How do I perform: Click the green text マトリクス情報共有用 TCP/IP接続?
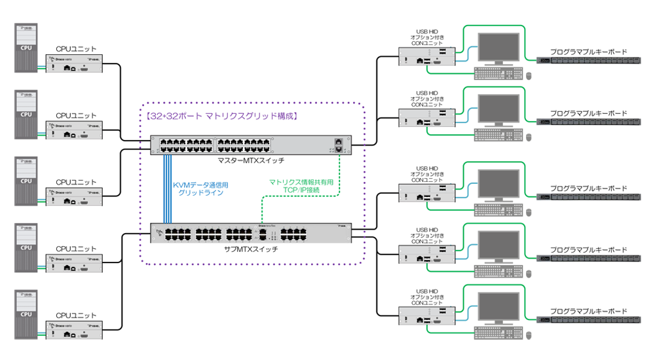[x=301, y=185]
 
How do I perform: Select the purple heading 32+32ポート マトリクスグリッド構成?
[x=222, y=117]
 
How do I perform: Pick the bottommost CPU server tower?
[x=26, y=314]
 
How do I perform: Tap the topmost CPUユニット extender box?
[x=73, y=63]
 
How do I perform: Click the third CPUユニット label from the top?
[x=76, y=182]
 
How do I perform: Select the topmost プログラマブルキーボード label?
[x=588, y=51]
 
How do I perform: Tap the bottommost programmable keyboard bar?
[x=588, y=320]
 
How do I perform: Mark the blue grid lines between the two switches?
[x=168, y=190]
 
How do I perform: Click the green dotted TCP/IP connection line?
[x=262, y=209]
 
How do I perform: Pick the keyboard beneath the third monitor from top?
[x=497, y=209]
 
